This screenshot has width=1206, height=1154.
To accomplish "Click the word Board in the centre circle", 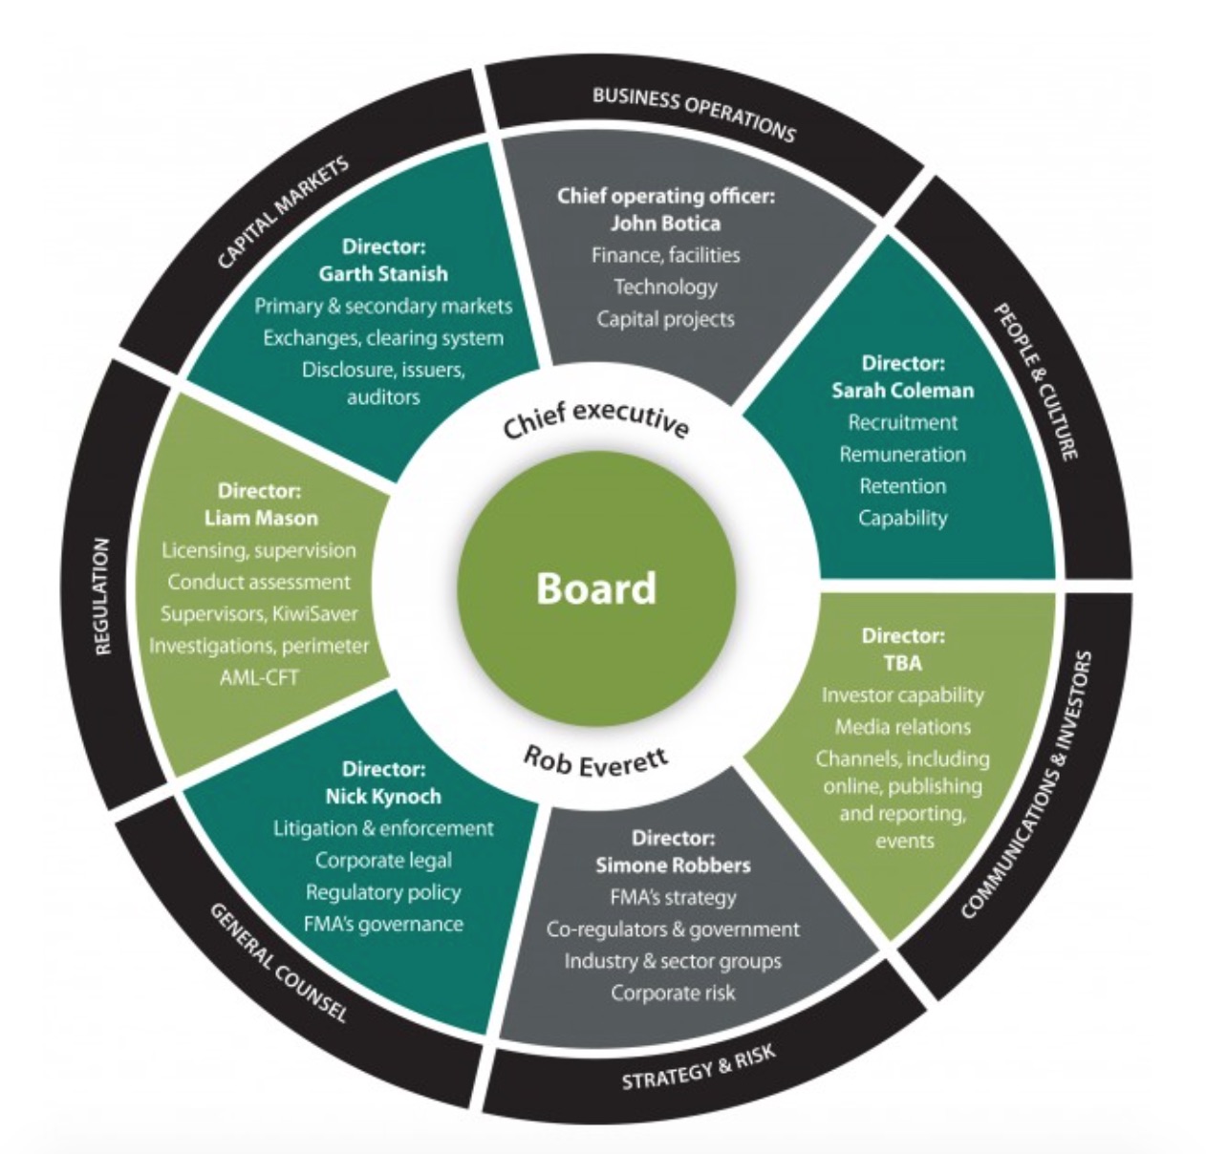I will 596,588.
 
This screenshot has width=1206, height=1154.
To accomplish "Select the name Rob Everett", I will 596,760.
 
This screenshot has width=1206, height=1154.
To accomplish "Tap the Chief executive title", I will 595,421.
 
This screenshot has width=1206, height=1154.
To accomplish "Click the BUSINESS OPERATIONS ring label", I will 693,114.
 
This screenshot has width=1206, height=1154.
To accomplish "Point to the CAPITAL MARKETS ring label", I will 283,211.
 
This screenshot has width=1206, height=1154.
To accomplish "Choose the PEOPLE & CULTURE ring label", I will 1037,381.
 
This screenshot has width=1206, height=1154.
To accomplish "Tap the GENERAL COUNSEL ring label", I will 277,963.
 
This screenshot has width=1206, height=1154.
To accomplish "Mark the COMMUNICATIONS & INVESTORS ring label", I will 1027,786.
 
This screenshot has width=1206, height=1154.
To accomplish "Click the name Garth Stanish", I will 383,274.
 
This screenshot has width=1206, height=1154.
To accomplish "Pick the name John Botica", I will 665,224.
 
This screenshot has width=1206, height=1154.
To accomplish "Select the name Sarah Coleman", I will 902,390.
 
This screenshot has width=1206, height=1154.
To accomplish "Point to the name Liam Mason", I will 261,518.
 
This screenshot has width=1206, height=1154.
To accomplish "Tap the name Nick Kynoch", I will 383,797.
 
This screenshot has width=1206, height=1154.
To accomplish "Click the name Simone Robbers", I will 673,865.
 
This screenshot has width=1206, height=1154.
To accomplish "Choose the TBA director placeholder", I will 903,663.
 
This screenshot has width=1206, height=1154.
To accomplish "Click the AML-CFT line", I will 259,677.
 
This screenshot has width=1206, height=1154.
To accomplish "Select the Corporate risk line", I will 673,993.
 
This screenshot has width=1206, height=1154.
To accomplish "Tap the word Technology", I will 665,287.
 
